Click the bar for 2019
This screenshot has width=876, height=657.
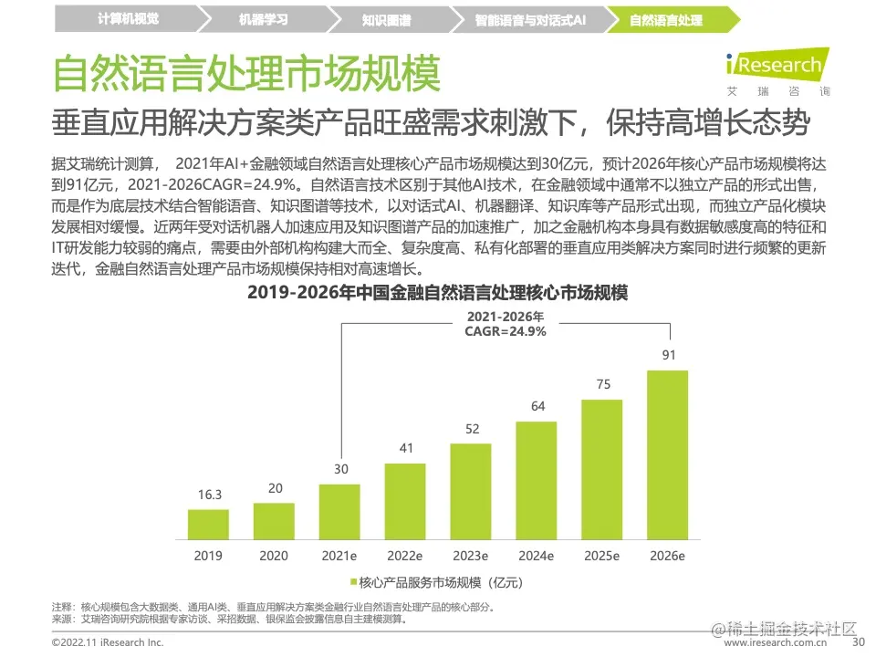(208, 524)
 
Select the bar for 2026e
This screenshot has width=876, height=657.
(667, 454)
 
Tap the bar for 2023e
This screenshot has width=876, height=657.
(471, 491)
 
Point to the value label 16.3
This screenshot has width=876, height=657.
(209, 495)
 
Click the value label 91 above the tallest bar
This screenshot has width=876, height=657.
(668, 355)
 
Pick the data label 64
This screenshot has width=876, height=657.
(537, 406)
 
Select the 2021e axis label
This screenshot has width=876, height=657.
(340, 555)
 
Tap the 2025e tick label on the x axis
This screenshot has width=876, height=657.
(602, 555)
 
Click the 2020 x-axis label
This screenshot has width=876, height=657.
(275, 555)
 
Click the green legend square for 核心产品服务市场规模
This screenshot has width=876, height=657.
(353, 581)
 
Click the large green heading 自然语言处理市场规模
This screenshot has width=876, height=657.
(246, 72)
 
